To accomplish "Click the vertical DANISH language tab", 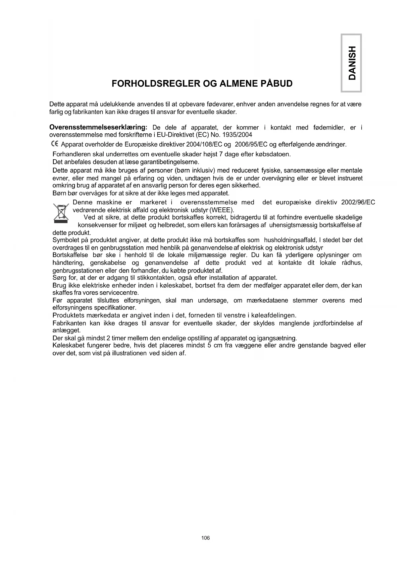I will point(351,63).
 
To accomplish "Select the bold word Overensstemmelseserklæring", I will point(98,127).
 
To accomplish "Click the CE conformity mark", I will point(55,144).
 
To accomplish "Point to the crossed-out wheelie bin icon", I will point(61,212).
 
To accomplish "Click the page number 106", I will point(205,538).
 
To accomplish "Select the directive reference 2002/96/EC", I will point(358,202).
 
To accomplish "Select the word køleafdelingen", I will point(275,315).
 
